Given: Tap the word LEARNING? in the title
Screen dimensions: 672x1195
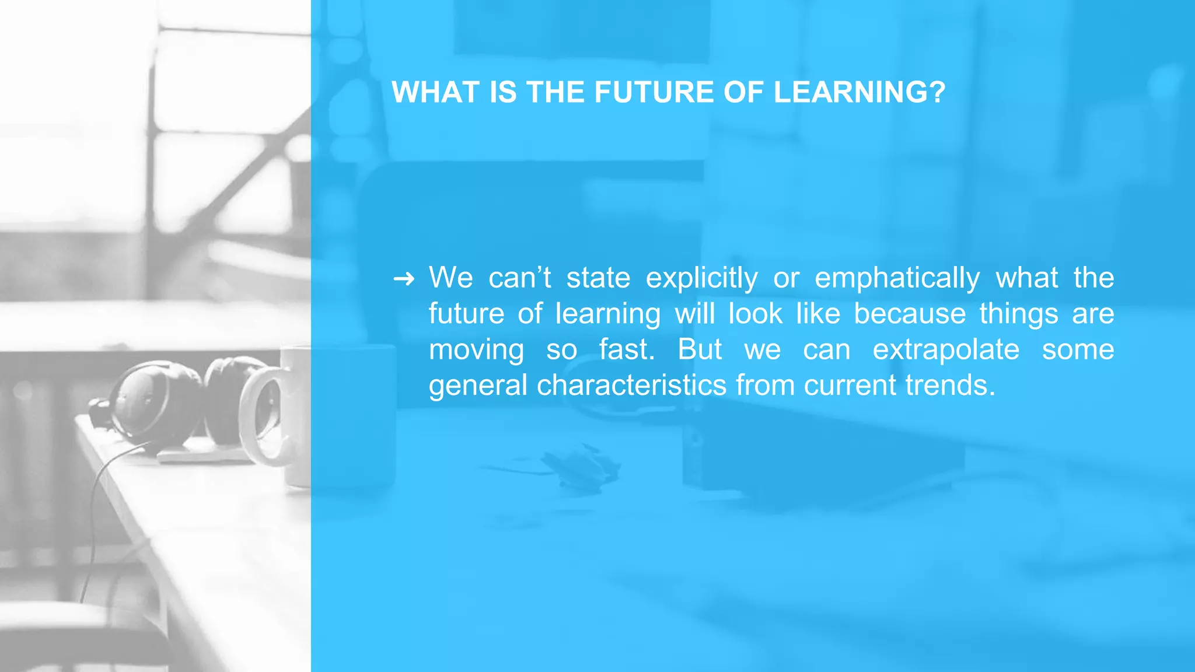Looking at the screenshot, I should tap(859, 92).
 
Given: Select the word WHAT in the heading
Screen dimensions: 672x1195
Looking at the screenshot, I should tap(436, 92).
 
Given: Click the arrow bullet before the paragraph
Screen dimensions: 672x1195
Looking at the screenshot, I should tap(404, 279).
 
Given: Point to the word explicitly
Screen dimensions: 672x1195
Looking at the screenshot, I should tap(701, 278).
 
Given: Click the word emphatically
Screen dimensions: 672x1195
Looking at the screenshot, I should tap(897, 278).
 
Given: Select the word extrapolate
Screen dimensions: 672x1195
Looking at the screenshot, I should tap(946, 350).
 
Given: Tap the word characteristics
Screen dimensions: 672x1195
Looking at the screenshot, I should tap(631, 386).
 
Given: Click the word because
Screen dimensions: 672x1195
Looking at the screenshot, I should tap(910, 314).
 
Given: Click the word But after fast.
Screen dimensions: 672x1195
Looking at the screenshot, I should tap(700, 350).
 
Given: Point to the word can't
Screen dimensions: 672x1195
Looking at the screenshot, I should tap(519, 278).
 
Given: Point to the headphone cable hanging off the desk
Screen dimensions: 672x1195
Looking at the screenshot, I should tap(93, 525).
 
